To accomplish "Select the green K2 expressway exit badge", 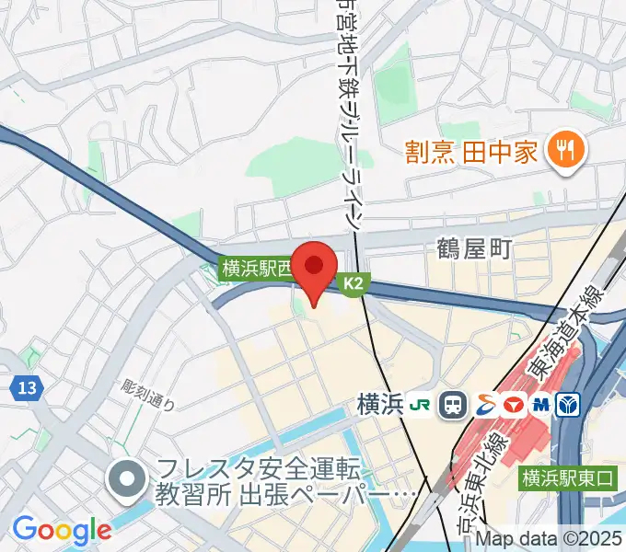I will coord(354,286).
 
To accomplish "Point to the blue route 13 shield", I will coord(27,389).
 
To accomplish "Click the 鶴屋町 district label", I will coord(474,248).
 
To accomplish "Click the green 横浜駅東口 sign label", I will coord(567,477).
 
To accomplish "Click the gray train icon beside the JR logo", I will coord(452,404).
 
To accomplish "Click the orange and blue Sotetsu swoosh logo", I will coord(481,404).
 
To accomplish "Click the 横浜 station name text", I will coord(381,404).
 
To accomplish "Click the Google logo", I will coord(62,529).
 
